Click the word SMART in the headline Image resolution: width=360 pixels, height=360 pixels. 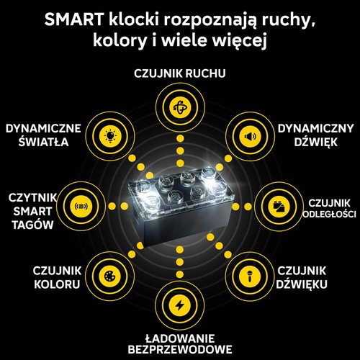click(74, 19)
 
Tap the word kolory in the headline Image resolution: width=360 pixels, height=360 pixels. click(120, 40)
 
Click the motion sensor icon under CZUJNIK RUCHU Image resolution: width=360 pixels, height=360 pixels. click(180, 107)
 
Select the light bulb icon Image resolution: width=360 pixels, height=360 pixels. click(110, 136)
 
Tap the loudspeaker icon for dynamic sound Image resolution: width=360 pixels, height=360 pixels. click(250, 136)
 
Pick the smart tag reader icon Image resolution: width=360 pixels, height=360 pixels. click(81, 206)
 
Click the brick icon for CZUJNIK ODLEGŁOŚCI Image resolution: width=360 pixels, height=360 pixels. click(279, 207)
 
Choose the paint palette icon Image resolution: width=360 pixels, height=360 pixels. click(110, 276)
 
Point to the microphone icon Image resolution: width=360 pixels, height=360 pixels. click(250, 276)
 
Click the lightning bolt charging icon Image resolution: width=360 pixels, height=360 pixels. click(180, 305)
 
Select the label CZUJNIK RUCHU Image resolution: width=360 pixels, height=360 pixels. click(180, 73)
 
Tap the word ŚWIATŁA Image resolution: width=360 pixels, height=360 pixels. click(44, 141)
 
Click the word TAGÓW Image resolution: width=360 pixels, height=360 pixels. click(32, 225)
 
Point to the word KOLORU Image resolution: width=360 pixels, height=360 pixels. click(57, 284)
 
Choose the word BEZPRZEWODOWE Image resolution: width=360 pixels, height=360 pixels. click(180, 349)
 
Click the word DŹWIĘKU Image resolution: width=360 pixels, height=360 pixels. click(302, 284)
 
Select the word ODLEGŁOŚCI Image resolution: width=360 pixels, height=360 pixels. click(329, 214)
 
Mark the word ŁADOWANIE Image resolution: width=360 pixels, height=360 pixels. click(180, 338)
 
